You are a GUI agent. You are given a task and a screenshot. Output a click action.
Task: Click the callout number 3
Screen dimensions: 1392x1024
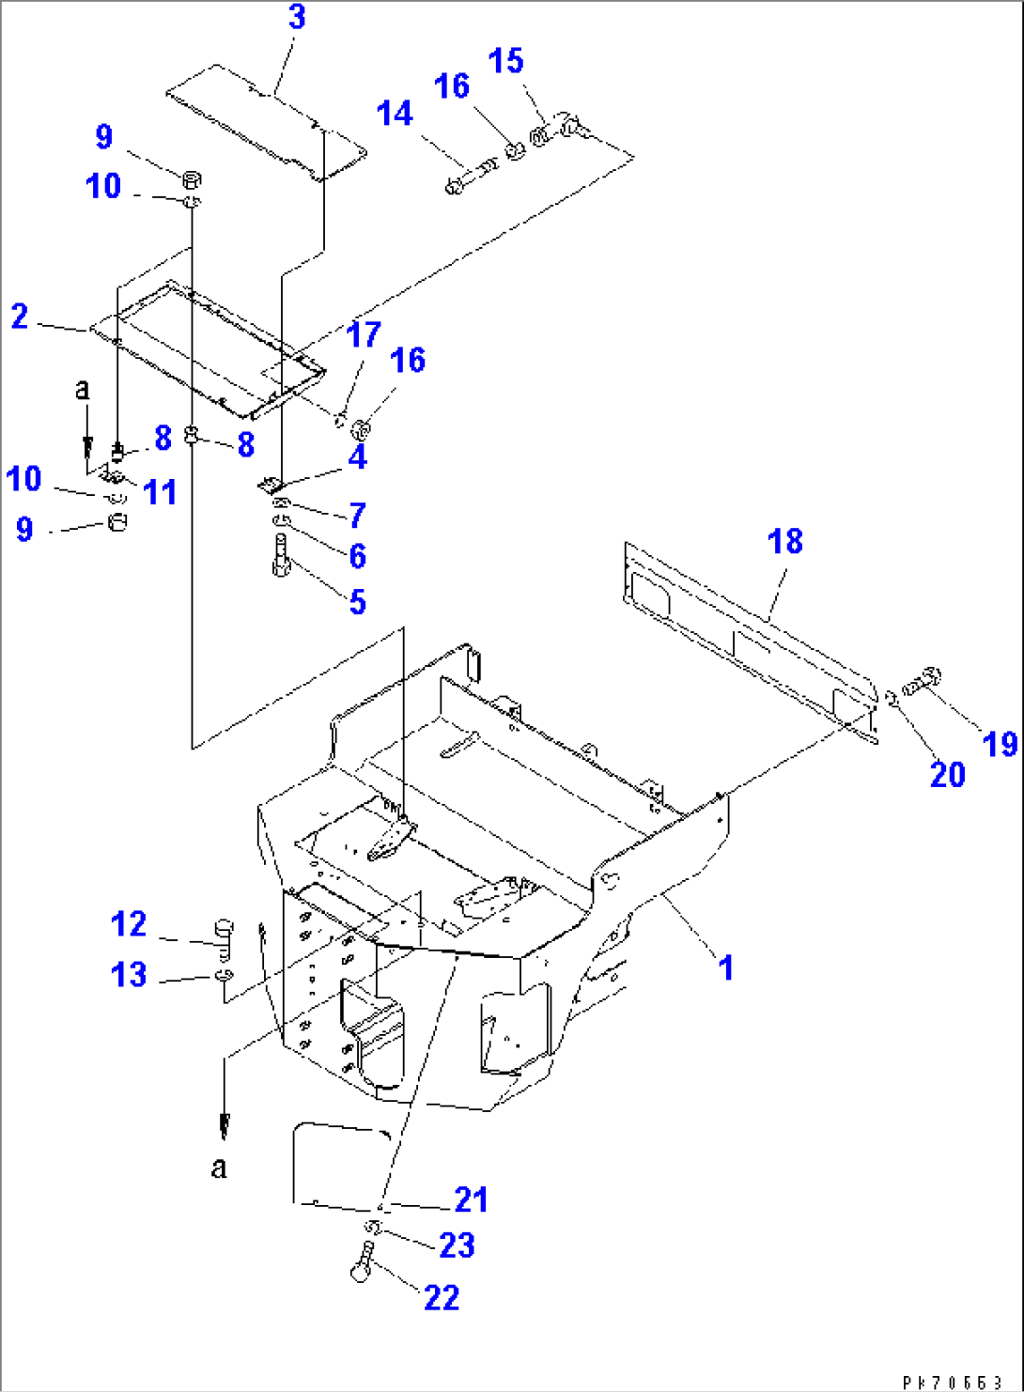pyautogui.click(x=297, y=17)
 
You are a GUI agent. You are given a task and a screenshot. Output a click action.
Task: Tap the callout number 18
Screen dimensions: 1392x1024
pyautogui.click(x=784, y=541)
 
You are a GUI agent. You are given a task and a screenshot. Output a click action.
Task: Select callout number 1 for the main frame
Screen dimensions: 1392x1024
pyautogui.click(x=725, y=967)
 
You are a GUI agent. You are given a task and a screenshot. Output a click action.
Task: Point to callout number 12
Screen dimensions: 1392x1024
pyautogui.click(x=129, y=924)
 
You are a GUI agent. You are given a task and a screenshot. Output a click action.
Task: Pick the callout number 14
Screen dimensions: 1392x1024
pyautogui.click(x=395, y=114)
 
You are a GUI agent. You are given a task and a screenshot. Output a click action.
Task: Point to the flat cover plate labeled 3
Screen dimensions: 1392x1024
pyautogui.click(x=266, y=122)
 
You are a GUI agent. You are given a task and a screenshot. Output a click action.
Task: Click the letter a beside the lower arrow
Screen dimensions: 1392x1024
pyautogui.click(x=219, y=1168)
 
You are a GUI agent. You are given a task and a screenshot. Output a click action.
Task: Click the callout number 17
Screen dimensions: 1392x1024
pyautogui.click(x=364, y=334)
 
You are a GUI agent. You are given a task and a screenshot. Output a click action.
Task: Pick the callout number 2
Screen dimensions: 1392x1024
pyautogui.click(x=20, y=317)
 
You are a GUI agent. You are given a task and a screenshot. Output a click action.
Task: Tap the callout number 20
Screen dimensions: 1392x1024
pyautogui.click(x=947, y=774)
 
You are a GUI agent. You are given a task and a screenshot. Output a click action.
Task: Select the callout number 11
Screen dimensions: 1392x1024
pyautogui.click(x=160, y=491)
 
